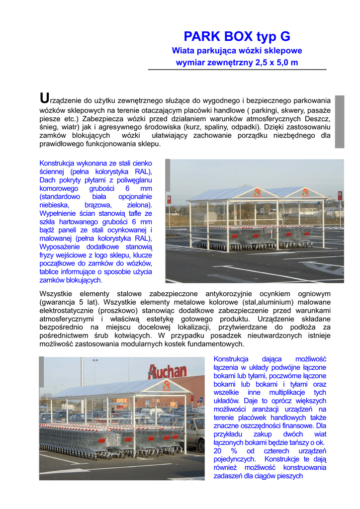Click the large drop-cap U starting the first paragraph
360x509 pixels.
(x=44, y=98)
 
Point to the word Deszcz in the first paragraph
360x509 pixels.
(x=317, y=118)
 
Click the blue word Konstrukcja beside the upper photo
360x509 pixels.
(x=59, y=163)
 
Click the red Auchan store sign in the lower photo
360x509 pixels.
(x=167, y=371)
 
